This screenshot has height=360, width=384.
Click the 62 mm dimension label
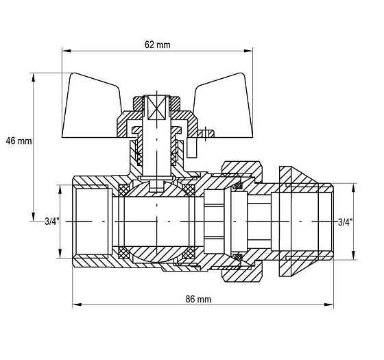click(x=157, y=45)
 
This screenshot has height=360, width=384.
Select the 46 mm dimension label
click(x=19, y=141)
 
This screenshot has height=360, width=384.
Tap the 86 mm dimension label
click(x=198, y=299)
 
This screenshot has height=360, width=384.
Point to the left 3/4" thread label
click(x=52, y=221)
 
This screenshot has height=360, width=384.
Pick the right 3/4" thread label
click(x=346, y=222)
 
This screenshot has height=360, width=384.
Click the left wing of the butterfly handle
click(x=91, y=108)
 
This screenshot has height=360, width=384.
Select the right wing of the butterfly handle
click(x=224, y=108)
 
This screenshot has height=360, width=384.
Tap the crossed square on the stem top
click(x=157, y=108)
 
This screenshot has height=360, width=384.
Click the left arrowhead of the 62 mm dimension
click(x=67, y=51)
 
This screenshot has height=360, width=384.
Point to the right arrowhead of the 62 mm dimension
click(x=248, y=51)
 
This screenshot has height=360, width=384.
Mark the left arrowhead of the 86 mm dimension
click(x=77, y=304)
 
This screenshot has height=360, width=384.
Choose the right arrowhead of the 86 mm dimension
click(x=329, y=304)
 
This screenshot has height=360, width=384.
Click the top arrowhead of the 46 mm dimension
click(x=34, y=77)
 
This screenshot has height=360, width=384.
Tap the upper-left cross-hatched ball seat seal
click(x=124, y=190)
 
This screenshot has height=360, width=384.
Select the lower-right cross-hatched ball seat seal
click(x=189, y=253)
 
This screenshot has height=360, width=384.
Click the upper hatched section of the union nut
click(x=241, y=169)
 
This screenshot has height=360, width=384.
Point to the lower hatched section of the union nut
click(x=241, y=274)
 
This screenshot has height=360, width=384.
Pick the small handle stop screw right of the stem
click(x=206, y=133)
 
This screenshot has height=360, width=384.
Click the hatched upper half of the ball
click(x=157, y=191)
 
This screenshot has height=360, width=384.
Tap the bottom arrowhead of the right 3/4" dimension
click(x=353, y=255)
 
